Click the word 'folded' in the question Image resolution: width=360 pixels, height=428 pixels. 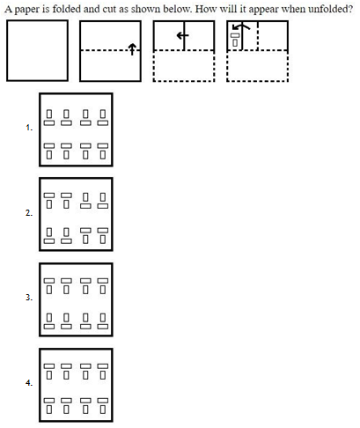(67, 9)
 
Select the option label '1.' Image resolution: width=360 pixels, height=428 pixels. (29, 128)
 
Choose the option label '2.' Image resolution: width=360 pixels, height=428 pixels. (29, 213)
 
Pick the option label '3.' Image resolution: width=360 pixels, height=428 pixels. (29, 298)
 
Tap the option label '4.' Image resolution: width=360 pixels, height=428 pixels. (29, 383)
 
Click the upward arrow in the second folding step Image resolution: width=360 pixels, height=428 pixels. (132, 49)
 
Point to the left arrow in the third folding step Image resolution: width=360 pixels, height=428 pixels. (182, 36)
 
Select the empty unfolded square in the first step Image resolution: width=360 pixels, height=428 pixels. (37, 50)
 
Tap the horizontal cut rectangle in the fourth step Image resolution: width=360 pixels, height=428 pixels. (235, 35)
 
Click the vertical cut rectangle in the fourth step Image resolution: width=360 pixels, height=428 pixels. (235, 42)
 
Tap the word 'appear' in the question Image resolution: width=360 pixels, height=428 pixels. (264, 10)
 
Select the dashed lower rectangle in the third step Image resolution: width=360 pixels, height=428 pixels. (184, 66)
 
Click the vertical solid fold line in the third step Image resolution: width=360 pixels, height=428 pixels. (184, 35)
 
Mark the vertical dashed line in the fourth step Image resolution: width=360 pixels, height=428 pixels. (258, 35)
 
